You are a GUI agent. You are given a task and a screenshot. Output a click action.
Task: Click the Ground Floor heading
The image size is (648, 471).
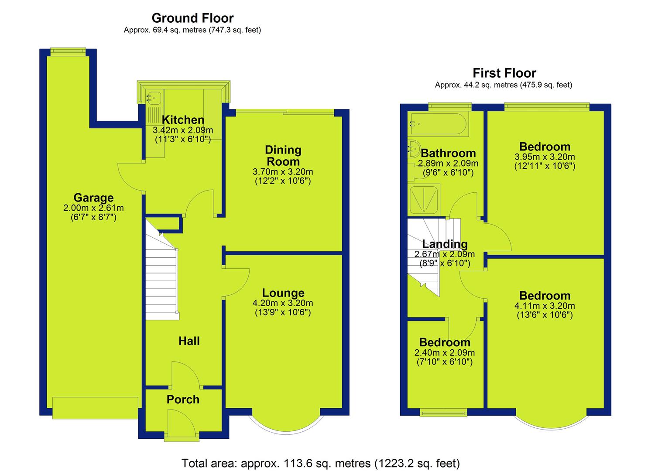(x=192, y=18)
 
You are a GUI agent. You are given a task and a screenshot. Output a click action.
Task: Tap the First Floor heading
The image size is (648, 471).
(x=504, y=73)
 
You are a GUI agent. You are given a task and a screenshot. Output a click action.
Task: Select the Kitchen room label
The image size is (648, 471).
(x=183, y=119)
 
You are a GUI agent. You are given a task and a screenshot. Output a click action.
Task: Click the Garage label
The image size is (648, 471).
(x=93, y=198)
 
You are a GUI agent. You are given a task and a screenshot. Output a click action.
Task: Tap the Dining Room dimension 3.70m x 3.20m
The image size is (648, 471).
(x=283, y=172)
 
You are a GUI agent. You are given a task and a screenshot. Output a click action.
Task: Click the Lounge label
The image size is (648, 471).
(x=283, y=293)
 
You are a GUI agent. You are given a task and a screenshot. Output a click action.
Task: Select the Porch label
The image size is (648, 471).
(x=183, y=399)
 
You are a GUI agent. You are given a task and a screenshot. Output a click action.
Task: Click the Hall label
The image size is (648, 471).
(x=189, y=341)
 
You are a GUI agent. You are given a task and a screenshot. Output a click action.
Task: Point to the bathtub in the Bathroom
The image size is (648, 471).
(x=438, y=124)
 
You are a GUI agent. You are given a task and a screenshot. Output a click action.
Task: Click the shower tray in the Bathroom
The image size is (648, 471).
(x=424, y=200)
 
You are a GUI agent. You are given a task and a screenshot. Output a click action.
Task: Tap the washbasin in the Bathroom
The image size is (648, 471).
(x=413, y=149)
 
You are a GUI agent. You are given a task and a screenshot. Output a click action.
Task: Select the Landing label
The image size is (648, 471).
(x=445, y=244)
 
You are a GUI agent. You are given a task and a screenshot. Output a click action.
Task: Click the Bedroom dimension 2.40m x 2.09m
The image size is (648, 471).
(x=444, y=353)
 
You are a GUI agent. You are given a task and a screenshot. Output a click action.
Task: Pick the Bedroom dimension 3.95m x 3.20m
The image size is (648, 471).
(x=545, y=157)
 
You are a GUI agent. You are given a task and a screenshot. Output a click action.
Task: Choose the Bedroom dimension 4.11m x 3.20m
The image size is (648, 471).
(x=545, y=306)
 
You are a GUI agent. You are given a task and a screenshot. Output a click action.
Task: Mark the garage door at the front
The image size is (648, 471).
(x=95, y=408)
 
